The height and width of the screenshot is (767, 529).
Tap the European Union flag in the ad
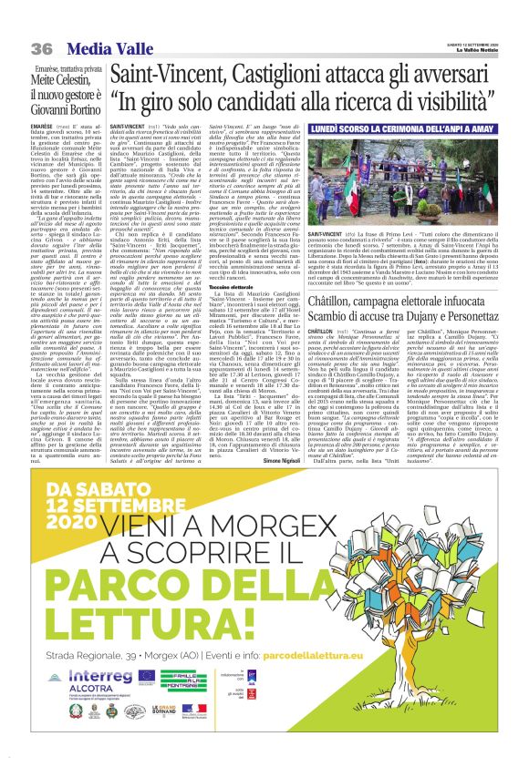point(147,674)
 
